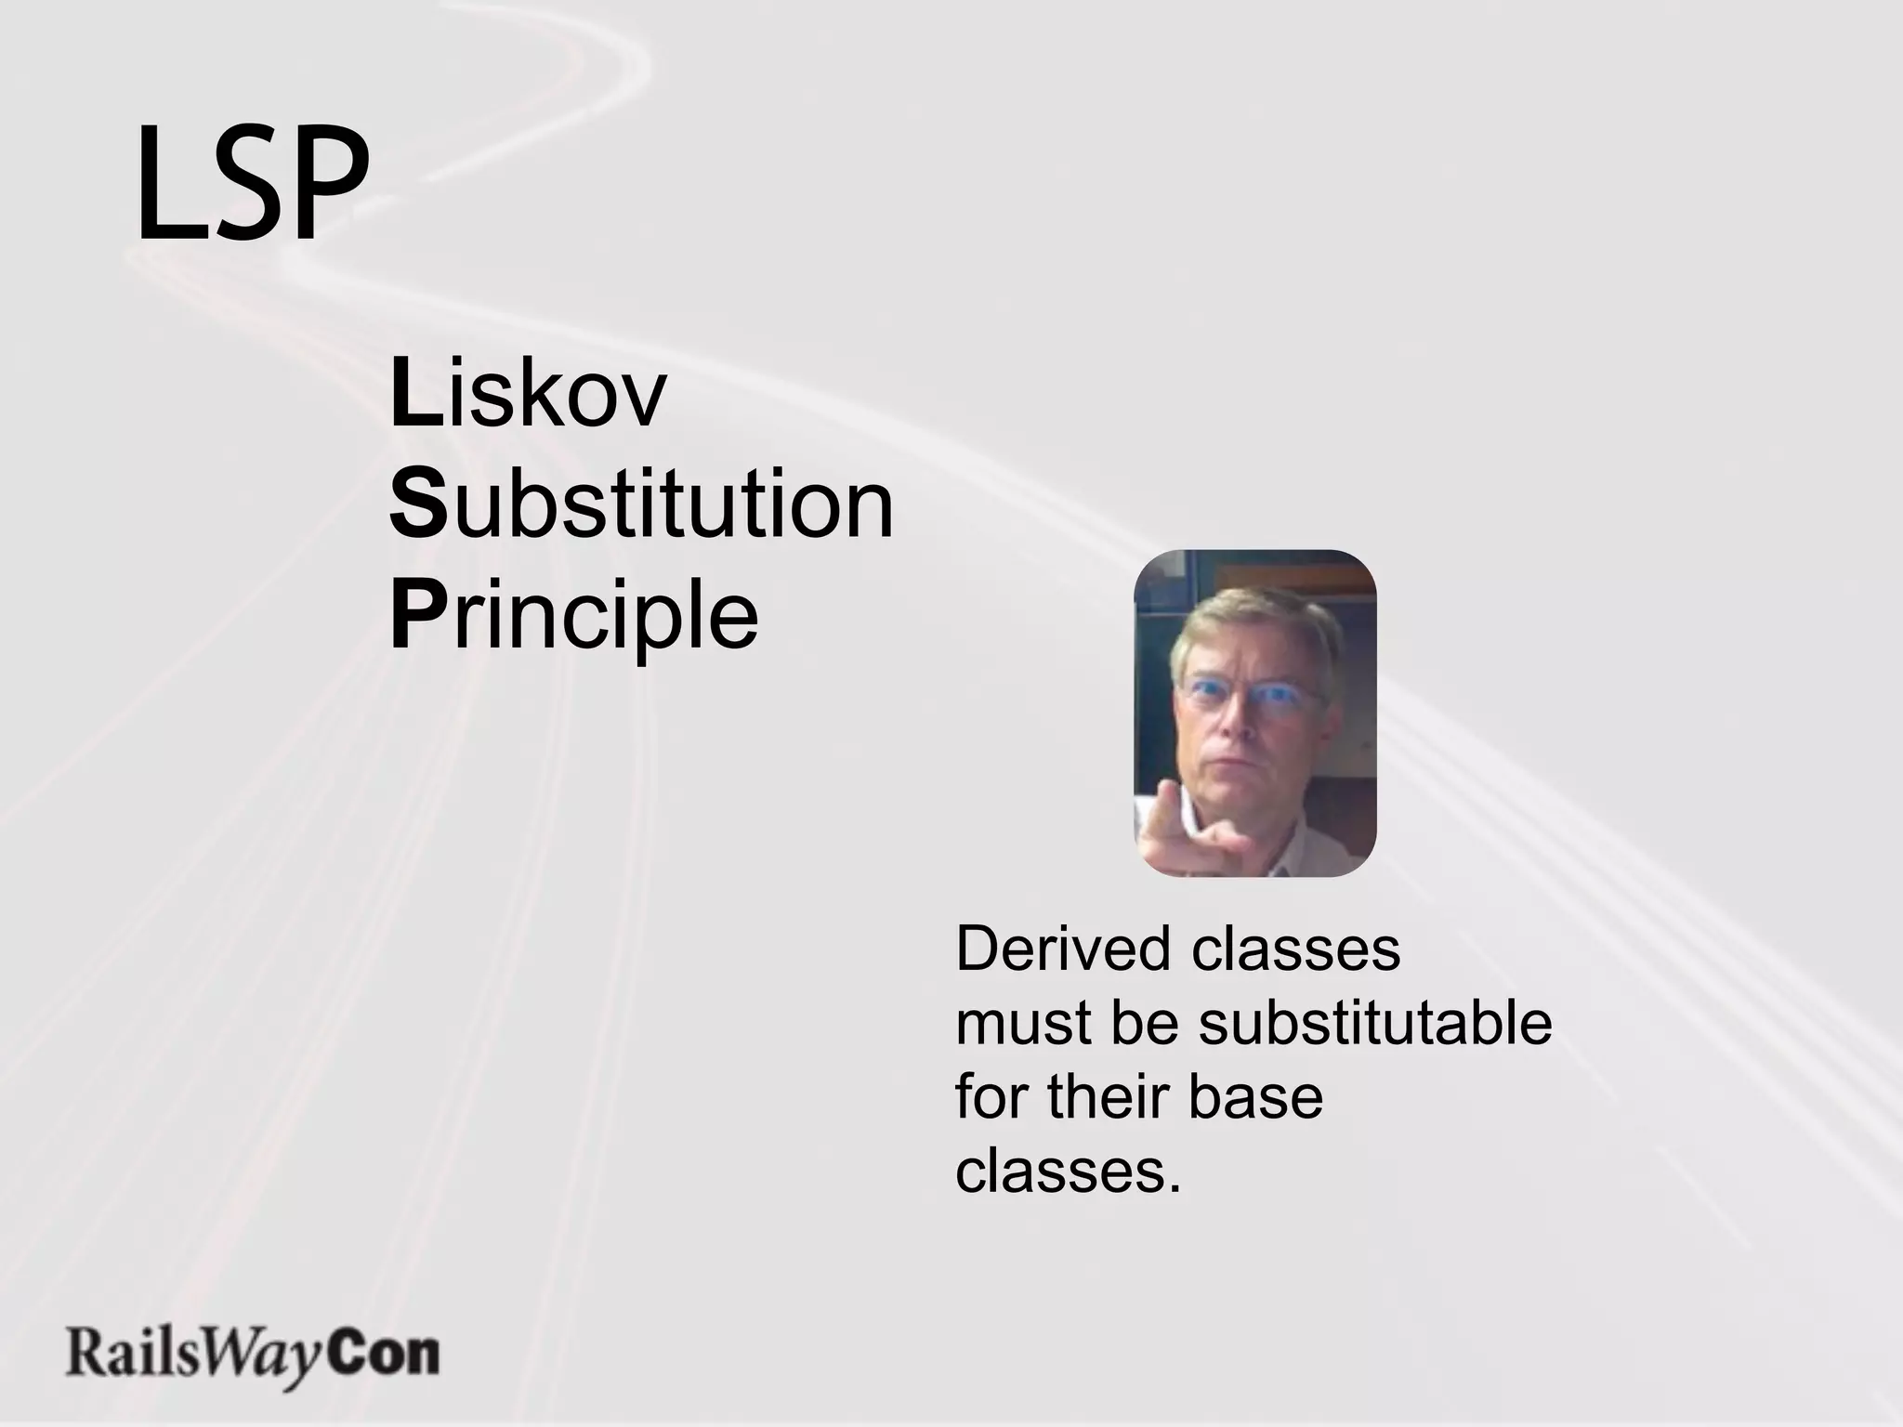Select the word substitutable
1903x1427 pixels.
1375,1023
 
